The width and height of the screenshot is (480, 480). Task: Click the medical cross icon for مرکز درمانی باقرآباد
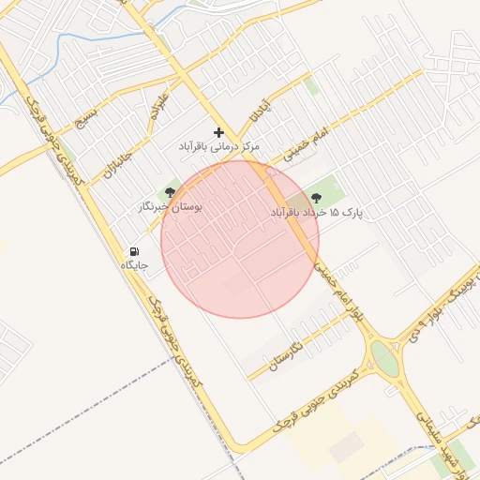point(218,133)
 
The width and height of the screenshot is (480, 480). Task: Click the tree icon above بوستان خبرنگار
point(170,192)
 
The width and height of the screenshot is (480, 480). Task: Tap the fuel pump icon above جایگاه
point(135,251)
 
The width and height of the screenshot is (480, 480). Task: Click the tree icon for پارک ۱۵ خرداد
point(315,198)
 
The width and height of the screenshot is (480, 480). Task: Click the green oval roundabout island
point(383,357)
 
